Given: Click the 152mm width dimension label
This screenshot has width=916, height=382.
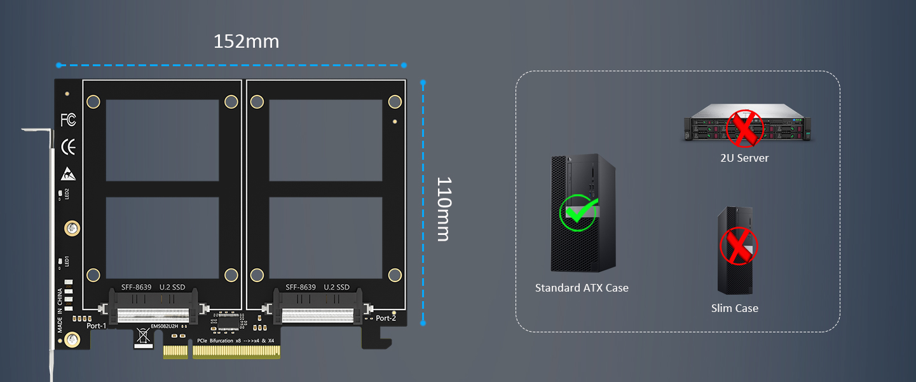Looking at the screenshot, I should [x=246, y=41].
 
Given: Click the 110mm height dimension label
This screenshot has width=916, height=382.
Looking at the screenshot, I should [x=443, y=208].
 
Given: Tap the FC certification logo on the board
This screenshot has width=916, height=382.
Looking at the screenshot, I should [x=69, y=119].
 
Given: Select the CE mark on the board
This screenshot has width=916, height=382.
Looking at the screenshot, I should [x=69, y=147].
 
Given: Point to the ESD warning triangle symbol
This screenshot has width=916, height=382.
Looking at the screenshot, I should [x=69, y=173].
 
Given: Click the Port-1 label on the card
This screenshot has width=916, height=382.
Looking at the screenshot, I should [x=97, y=325].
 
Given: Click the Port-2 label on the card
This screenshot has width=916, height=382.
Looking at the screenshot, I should [x=386, y=318].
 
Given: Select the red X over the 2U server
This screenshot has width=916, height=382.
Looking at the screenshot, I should [x=744, y=127].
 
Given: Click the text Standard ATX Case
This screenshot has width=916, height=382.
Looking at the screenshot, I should [x=582, y=288].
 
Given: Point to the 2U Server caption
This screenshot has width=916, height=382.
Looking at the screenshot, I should [x=744, y=158].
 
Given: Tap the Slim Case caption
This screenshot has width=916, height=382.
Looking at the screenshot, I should [x=734, y=308].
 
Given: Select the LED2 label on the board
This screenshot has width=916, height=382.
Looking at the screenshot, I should [x=66, y=194].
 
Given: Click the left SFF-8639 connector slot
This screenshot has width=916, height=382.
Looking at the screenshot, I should [x=153, y=315].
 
